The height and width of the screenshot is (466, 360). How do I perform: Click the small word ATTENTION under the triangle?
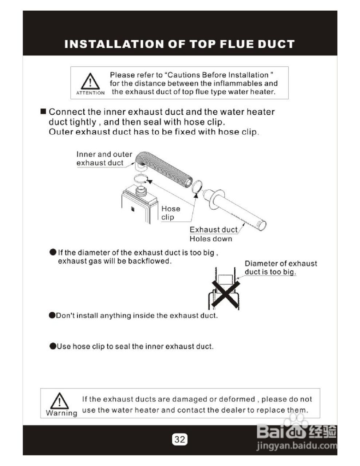tap(90, 93)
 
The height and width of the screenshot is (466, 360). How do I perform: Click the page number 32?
tap(180, 439)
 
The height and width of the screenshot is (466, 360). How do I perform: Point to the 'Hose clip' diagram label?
tap(171, 213)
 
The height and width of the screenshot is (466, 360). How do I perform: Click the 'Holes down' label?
tap(211, 239)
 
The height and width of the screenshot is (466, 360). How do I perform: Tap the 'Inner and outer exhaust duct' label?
tap(104, 158)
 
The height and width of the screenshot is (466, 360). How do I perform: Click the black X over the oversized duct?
tap(226, 295)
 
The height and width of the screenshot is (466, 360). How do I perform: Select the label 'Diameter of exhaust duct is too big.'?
tap(281, 268)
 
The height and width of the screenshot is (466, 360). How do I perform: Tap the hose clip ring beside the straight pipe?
tap(197, 186)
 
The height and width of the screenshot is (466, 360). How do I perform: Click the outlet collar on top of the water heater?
tap(141, 191)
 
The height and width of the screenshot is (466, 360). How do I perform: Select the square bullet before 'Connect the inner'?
tap(43, 111)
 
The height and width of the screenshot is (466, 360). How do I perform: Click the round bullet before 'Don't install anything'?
tap(52, 315)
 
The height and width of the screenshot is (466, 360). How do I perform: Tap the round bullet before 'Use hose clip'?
tap(53, 346)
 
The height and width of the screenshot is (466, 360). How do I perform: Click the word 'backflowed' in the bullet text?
tap(150, 261)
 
